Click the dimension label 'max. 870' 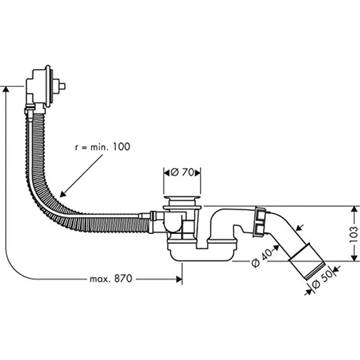click(111, 279)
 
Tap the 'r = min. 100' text click(103, 146)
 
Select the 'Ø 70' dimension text click(181, 172)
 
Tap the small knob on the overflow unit click(62, 87)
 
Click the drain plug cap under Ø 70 click(181, 199)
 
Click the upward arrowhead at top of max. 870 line click(5, 90)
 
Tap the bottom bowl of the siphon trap click(202, 251)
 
